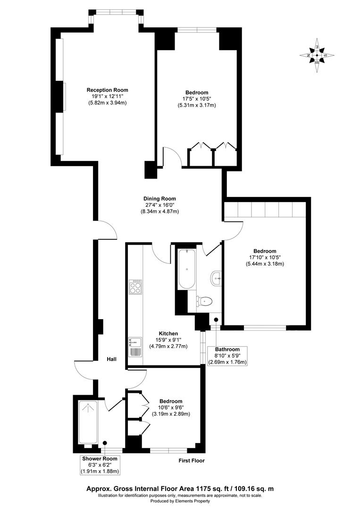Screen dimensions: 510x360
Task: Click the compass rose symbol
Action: point(317,55)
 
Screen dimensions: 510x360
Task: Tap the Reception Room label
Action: point(107,90)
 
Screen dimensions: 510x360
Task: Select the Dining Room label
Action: point(159,199)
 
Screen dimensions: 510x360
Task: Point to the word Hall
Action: point(111,359)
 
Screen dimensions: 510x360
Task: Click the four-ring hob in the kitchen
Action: point(135,287)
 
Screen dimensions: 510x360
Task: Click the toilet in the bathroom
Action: point(204,300)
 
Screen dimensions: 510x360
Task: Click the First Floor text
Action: point(192,460)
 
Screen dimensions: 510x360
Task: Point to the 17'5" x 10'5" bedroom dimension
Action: point(197,99)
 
